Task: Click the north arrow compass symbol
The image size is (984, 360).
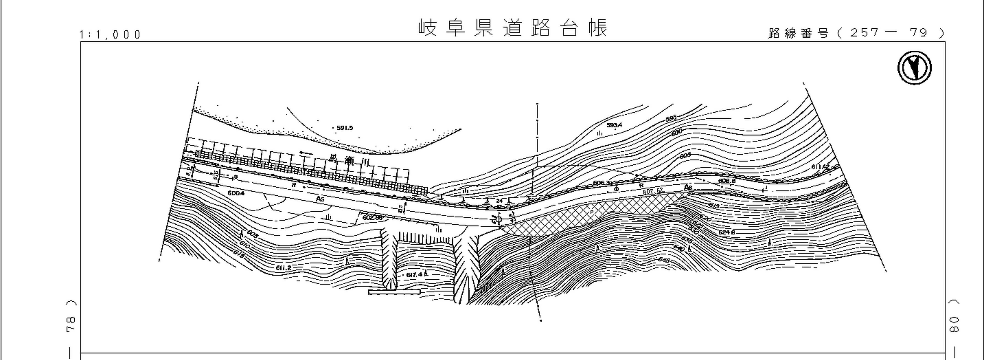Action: coord(914,68)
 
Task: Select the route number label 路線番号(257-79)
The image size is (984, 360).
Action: coord(856,33)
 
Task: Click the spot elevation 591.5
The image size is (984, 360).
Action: coord(344,128)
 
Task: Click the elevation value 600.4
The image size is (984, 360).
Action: coord(236,193)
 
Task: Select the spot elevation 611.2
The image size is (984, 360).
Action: coord(283,268)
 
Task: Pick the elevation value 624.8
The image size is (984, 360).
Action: coord(726,232)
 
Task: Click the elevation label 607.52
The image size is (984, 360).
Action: coord(653,191)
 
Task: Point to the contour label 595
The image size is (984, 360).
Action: coord(671,118)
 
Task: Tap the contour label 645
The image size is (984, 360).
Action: coord(664,260)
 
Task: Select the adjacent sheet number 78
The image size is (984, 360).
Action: coord(71,324)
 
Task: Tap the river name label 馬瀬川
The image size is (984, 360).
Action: coord(350,160)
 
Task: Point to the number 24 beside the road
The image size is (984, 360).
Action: coord(499,201)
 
